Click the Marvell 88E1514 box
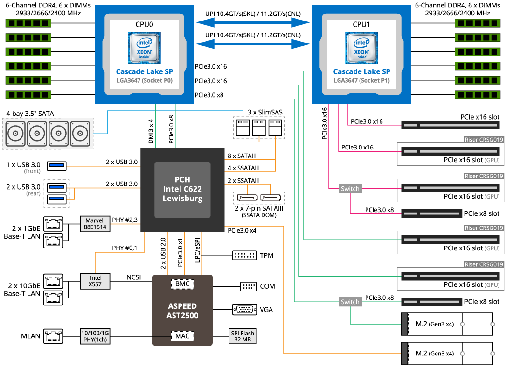click(95, 223)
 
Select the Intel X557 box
click(95, 280)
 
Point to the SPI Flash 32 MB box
click(243, 335)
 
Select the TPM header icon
click(244, 255)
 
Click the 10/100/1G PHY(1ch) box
click(95, 335)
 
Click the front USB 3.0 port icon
click(56, 165)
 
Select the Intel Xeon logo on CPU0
click(144, 48)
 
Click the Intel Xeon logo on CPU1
click(361, 48)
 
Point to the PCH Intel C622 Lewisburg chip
click(183, 190)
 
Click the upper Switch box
click(350, 189)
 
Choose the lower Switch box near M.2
click(350, 302)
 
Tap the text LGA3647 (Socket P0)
click(144, 80)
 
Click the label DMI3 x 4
click(151, 130)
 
